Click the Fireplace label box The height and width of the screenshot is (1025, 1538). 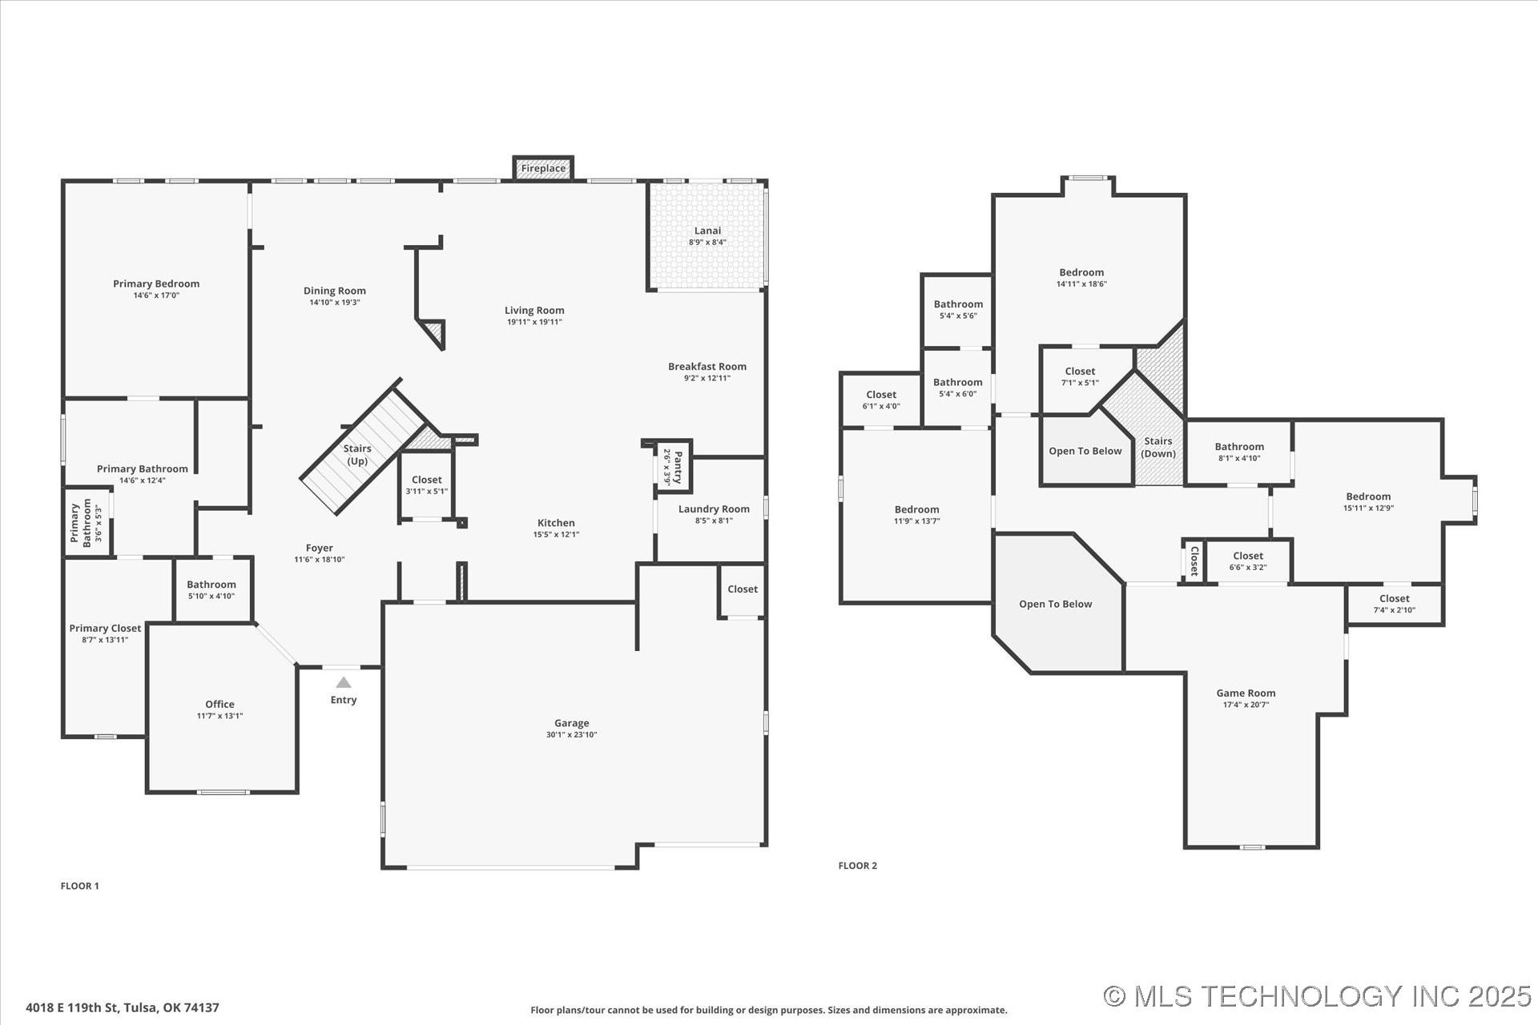(x=543, y=168)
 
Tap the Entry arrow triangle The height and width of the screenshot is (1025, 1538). (x=344, y=682)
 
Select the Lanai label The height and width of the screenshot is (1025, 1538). (x=707, y=231)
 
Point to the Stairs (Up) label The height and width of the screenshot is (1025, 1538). (x=357, y=455)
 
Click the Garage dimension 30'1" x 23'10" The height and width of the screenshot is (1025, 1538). (x=571, y=734)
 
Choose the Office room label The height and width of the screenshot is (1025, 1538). (x=219, y=704)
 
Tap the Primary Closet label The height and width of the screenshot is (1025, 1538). (x=105, y=628)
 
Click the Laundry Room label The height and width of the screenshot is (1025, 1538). (x=714, y=508)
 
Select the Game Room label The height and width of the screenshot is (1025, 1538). (x=1246, y=693)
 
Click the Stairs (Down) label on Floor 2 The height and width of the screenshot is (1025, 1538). (x=1158, y=447)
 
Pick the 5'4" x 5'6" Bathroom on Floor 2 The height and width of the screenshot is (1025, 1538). (x=958, y=309)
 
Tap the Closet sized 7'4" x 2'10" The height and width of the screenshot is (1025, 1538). (x=1395, y=604)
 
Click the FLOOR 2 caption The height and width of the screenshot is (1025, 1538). (x=857, y=865)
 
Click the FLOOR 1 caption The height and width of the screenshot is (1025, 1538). (x=79, y=886)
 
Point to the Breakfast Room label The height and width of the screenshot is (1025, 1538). (x=707, y=366)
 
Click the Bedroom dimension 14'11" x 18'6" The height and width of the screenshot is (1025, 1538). (x=1081, y=283)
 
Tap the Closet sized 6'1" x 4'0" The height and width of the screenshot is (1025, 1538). (x=881, y=400)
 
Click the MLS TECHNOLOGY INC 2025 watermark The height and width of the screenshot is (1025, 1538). (x=1317, y=996)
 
